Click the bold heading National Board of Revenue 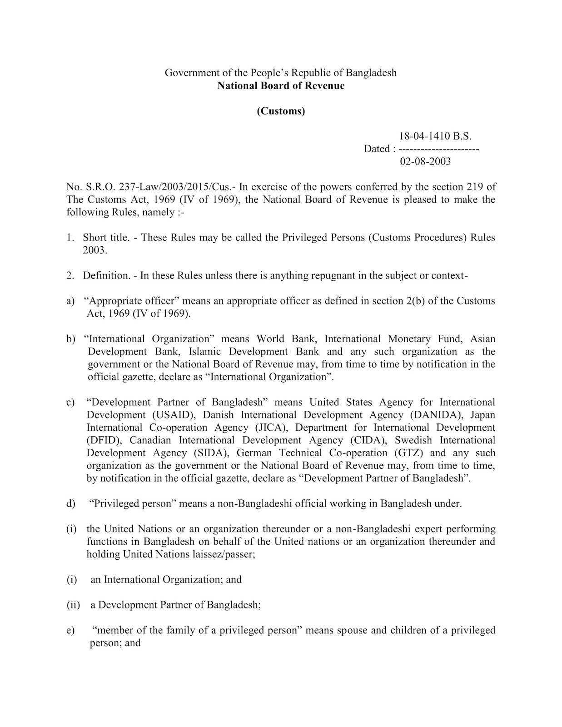[x=281, y=85]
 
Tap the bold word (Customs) [x=281, y=111]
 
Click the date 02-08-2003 [x=425, y=161]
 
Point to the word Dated [x=377, y=149]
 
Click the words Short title [x=106, y=237]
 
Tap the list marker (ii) [x=73, y=605]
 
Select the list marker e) [x=70, y=630]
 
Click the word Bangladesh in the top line [x=371, y=73]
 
